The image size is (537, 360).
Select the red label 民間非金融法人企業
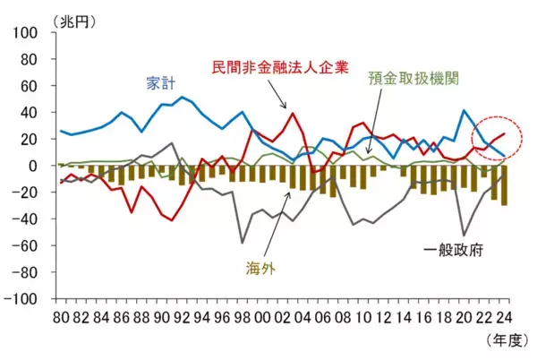(x=280, y=67)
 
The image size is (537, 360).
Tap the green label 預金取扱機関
(x=413, y=78)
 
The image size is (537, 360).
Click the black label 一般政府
(x=453, y=251)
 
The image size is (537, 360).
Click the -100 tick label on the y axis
(x=23, y=299)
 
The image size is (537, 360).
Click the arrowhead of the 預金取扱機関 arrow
(x=368, y=152)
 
